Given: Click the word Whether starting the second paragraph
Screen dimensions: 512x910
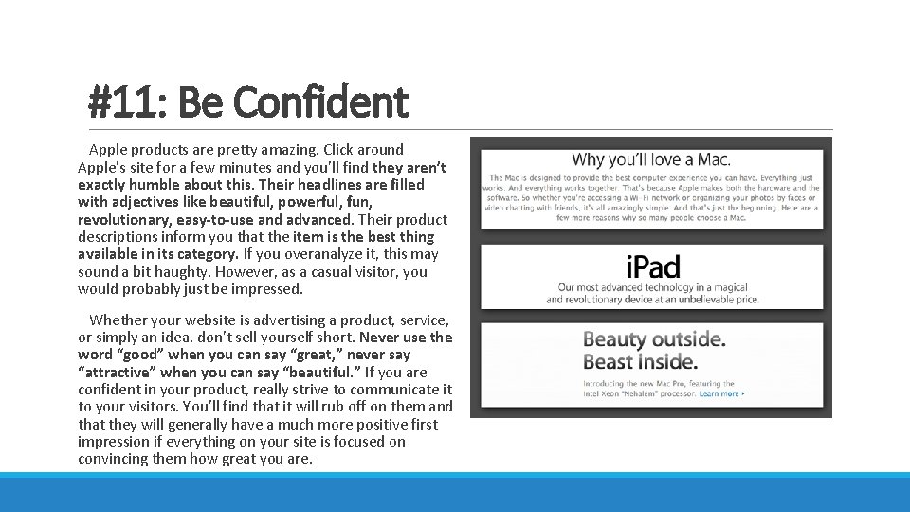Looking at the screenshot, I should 121,320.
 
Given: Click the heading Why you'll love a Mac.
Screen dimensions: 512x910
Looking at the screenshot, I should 651,159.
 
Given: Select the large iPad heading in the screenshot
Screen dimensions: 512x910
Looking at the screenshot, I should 652,266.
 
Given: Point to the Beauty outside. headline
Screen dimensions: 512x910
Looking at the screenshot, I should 654,339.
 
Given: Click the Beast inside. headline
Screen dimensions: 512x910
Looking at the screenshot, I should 640,361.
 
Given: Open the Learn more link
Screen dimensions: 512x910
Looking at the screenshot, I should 721,393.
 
